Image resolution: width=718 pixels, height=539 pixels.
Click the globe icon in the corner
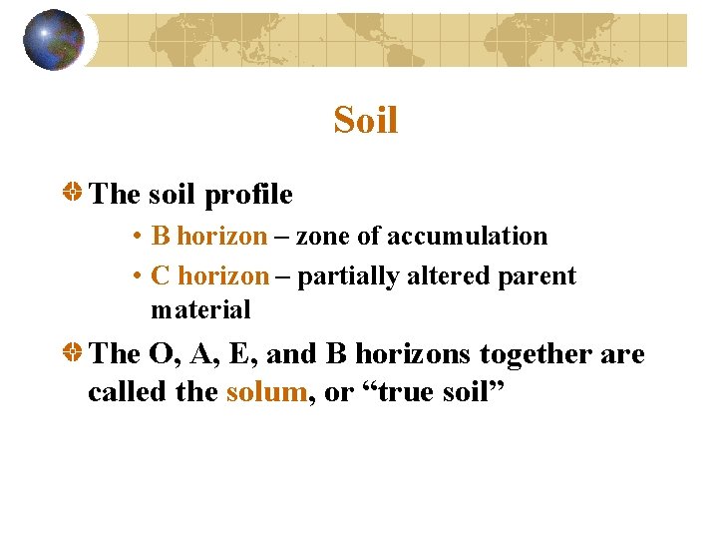tap(54, 40)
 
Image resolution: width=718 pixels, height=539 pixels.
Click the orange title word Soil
tap(366, 121)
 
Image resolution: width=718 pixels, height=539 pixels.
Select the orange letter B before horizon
tap(160, 237)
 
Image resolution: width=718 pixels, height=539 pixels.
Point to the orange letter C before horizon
tap(160, 276)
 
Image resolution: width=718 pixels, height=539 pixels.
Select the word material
tap(200, 310)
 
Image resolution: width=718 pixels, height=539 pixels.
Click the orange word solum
tap(265, 392)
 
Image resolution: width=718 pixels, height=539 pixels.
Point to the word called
tap(127, 392)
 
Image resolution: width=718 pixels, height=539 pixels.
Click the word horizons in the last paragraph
tap(411, 354)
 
